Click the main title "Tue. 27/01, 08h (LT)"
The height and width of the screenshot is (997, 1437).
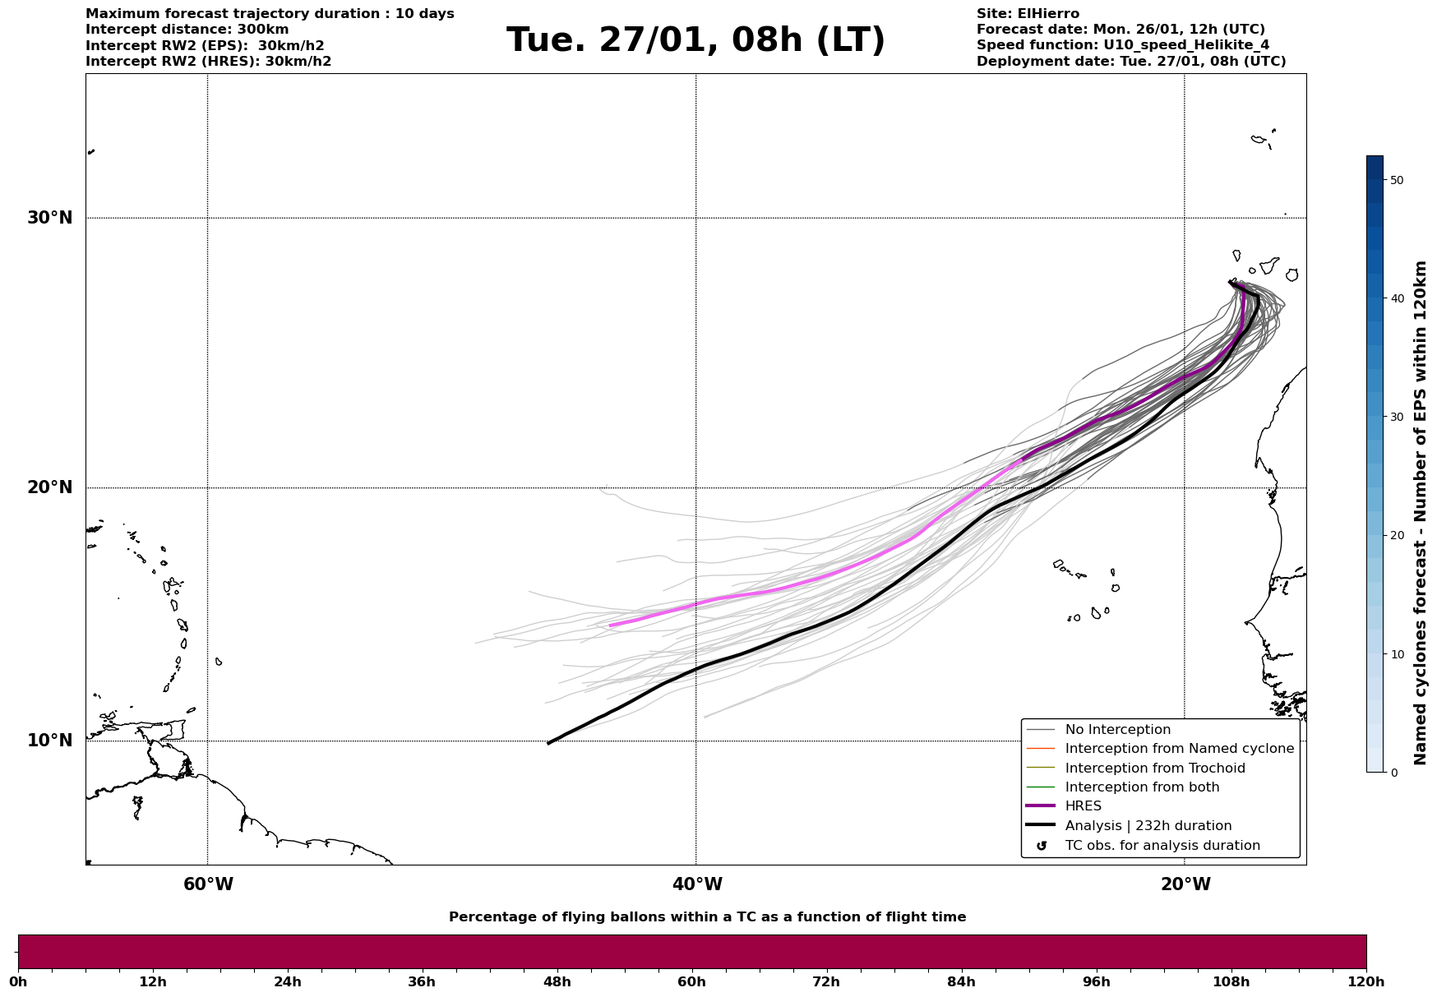click(695, 40)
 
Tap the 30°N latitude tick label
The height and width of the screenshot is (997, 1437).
click(49, 218)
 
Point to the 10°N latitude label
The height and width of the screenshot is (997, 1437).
click(49, 741)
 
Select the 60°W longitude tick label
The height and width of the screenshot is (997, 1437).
click(208, 884)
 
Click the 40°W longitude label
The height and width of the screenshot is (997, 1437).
click(696, 884)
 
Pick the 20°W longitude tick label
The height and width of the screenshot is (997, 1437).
click(1185, 884)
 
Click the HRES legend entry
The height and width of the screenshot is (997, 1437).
click(1083, 806)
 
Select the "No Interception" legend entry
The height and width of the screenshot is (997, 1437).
click(1117, 730)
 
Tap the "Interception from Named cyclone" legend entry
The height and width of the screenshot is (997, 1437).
click(1179, 749)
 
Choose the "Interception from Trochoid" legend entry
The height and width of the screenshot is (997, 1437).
click(1154, 769)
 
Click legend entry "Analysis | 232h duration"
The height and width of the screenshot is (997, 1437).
click(1148, 826)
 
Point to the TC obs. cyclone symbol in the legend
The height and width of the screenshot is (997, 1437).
click(1042, 846)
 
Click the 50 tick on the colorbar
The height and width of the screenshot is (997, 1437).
click(1396, 180)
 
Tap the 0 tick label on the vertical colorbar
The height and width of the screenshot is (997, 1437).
click(1393, 773)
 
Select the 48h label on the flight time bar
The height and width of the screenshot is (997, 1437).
click(557, 981)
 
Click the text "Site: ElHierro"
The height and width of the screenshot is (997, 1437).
click(1028, 14)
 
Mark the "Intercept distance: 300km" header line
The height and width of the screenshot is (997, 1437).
click(187, 30)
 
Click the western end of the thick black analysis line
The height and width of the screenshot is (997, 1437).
click(548, 744)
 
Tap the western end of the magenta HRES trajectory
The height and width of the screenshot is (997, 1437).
click(610, 625)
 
